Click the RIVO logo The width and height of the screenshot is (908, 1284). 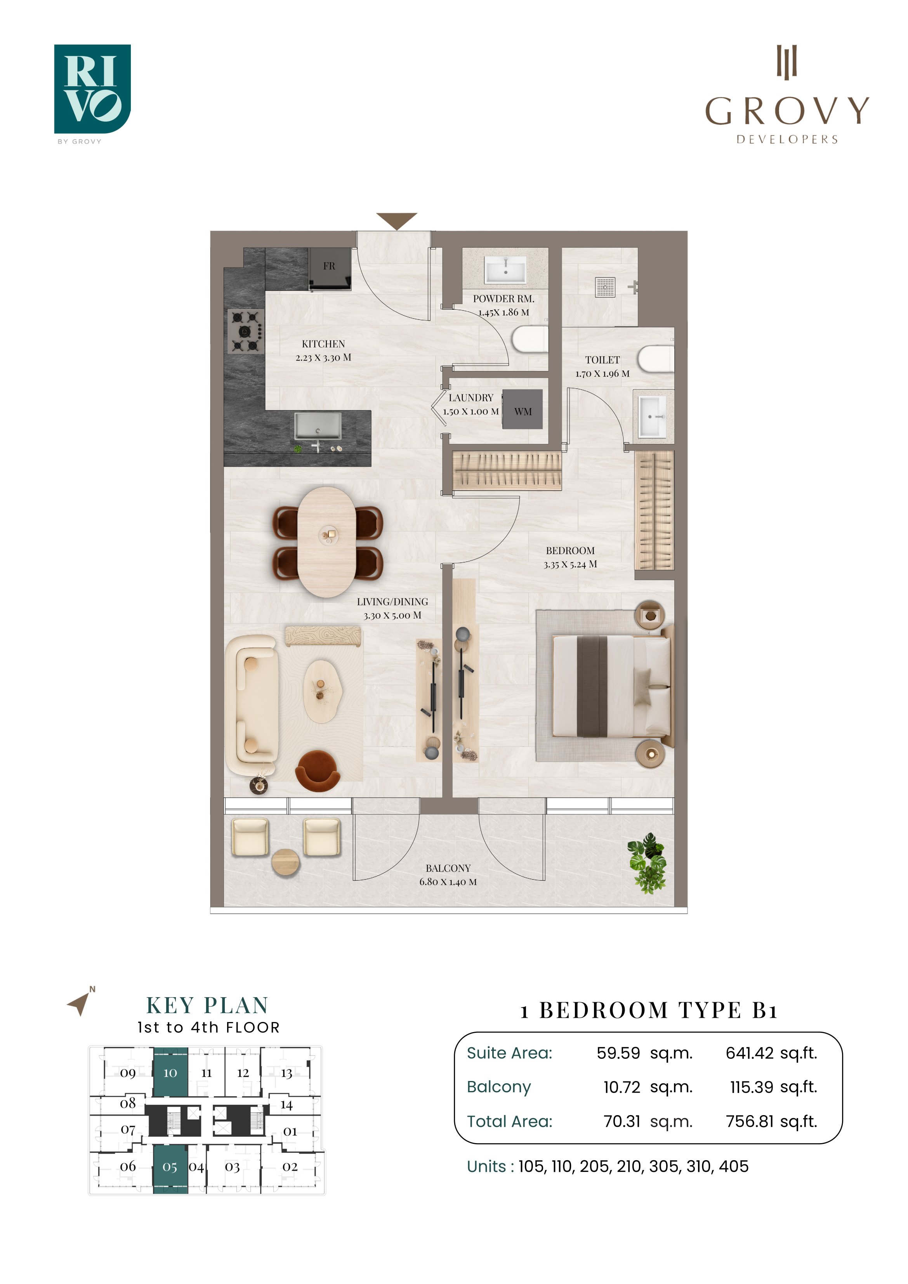point(92,90)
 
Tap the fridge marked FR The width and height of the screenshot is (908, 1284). point(330,269)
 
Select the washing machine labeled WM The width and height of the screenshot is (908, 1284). point(523,409)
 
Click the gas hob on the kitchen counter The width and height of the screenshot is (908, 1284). point(245,331)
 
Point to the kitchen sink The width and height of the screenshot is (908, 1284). point(318,426)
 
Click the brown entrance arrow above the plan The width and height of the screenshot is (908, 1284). point(397,221)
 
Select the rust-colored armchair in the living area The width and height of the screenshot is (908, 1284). point(317,771)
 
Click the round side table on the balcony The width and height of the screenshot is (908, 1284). point(286,862)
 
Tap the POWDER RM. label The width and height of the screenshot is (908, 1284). point(503,298)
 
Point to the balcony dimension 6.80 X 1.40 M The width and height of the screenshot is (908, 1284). point(448,882)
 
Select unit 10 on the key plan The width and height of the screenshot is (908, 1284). point(170,1072)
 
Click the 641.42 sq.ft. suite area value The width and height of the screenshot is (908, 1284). point(771,1053)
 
